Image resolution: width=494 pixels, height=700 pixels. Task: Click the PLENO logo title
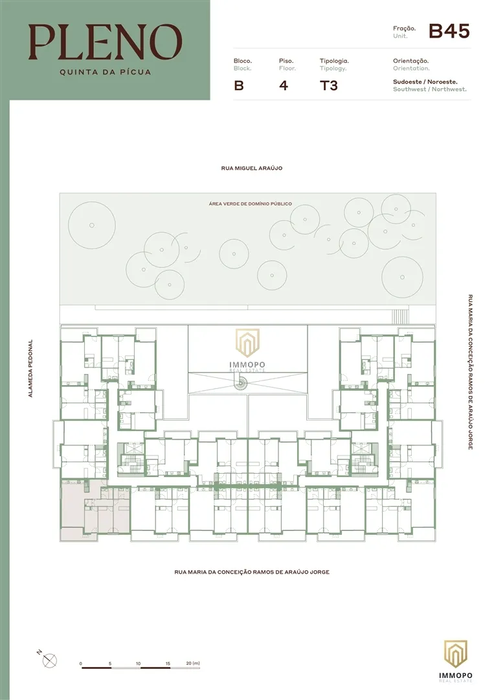[106, 42]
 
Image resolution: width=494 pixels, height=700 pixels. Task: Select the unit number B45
[449, 31]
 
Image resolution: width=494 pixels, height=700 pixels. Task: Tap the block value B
[239, 86]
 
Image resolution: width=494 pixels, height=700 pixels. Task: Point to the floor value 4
[284, 86]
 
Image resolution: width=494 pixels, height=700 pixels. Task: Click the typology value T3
[329, 86]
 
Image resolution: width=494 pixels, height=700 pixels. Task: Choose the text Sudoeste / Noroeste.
[425, 82]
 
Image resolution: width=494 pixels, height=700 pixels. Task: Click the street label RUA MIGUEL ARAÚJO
[251, 169]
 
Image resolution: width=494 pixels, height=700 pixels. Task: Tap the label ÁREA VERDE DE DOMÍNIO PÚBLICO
[250, 204]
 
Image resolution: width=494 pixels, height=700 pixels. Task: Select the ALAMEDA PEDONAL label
[30, 368]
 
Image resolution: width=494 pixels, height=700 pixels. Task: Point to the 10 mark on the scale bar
[138, 664]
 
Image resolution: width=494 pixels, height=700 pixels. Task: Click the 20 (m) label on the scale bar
[192, 664]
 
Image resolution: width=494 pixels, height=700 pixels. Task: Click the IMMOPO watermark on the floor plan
[247, 350]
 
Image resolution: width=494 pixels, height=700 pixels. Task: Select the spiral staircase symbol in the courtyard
[241, 382]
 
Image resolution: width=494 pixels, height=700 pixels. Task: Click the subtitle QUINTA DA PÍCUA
[106, 72]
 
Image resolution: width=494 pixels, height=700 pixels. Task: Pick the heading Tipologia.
[334, 61]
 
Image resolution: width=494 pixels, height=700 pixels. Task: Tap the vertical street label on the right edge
[470, 372]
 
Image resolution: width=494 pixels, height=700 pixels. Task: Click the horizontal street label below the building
[252, 572]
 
